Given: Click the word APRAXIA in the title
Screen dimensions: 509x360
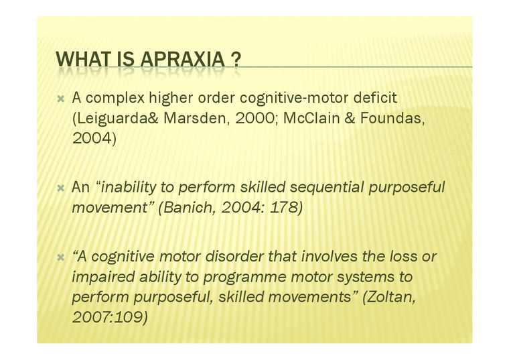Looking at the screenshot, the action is click(x=183, y=59).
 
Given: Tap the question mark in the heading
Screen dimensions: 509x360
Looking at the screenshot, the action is click(x=236, y=59).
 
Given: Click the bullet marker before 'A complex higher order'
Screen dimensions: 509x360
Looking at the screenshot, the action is click(x=61, y=99).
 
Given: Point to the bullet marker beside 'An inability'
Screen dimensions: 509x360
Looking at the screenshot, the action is click(x=61, y=188).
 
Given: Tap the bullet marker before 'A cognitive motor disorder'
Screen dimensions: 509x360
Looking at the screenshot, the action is click(x=61, y=257).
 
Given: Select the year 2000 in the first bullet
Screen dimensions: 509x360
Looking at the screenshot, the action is click(x=255, y=118).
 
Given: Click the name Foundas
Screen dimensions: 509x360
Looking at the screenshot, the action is click(x=392, y=118).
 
